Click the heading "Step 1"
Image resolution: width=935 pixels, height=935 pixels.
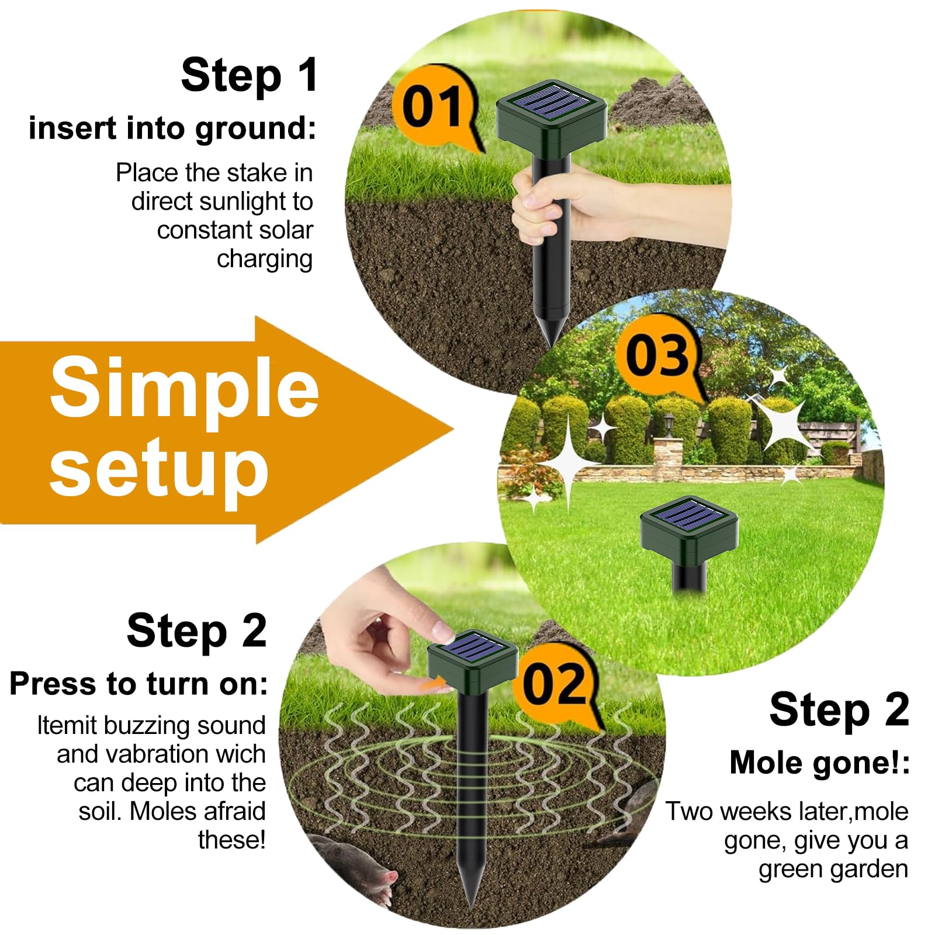click(x=250, y=75)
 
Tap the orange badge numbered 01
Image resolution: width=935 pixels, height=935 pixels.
click(x=435, y=108)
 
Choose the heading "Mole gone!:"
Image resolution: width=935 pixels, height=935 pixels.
click(x=819, y=763)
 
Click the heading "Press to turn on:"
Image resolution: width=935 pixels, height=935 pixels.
click(x=139, y=684)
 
